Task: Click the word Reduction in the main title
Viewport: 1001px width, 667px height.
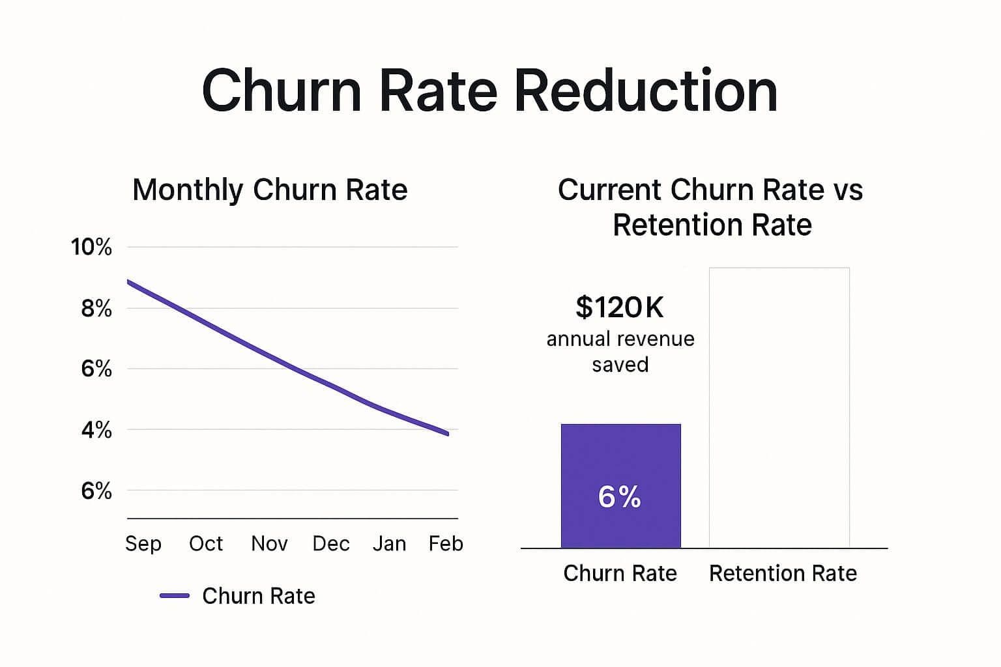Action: (x=646, y=91)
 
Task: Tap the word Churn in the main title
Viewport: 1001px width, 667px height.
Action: (x=282, y=91)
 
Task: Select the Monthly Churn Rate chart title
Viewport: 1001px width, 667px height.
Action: (x=270, y=190)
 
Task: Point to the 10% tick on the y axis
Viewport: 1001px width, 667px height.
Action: (x=91, y=248)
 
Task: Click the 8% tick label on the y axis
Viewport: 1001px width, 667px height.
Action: (x=96, y=309)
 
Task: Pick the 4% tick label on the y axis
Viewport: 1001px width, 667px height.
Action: (x=96, y=430)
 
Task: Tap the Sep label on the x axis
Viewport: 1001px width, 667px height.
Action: (x=143, y=543)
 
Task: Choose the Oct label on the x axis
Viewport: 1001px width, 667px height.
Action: (x=206, y=543)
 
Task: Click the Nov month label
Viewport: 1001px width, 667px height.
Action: (x=269, y=543)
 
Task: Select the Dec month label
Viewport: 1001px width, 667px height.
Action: (x=331, y=543)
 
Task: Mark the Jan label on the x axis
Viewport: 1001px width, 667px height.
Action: (x=389, y=543)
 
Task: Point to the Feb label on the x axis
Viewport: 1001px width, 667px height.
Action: (x=446, y=543)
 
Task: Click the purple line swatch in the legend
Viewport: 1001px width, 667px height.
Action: (x=175, y=596)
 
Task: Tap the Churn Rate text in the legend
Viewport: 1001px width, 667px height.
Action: (x=259, y=596)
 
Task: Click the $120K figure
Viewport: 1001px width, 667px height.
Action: (x=620, y=307)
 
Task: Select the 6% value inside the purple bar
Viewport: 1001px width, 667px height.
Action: (x=620, y=497)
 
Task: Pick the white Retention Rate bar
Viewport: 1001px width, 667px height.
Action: (x=779, y=407)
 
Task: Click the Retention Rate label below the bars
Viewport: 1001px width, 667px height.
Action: (x=783, y=573)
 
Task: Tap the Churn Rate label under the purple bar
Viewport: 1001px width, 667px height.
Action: (x=620, y=573)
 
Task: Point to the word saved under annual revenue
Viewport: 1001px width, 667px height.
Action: (x=620, y=365)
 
